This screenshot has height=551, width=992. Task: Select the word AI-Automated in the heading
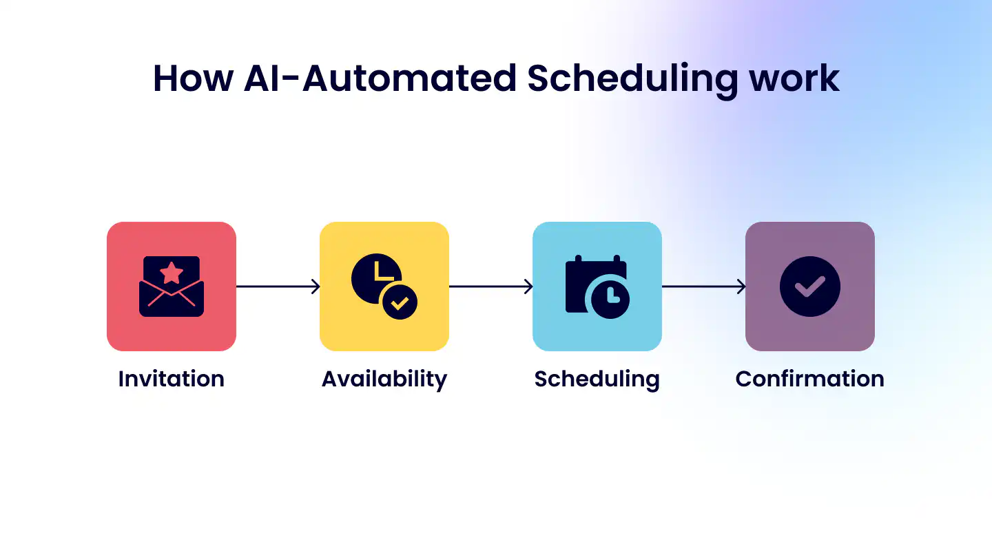[380, 78]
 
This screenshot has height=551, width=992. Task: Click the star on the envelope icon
[172, 273]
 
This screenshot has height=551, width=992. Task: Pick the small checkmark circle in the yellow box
[400, 302]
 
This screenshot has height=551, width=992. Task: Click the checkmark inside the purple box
[809, 287]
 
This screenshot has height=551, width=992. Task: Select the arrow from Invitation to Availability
[278, 287]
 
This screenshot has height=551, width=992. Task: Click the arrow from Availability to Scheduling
[490, 287]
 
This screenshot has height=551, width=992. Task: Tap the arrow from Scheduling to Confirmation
[703, 287]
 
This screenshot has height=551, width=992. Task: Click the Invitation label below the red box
[172, 379]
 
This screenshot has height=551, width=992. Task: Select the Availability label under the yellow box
[384, 380]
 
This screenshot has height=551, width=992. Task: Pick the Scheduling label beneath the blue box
[597, 380]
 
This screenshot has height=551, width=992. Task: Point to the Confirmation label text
[809, 379]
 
